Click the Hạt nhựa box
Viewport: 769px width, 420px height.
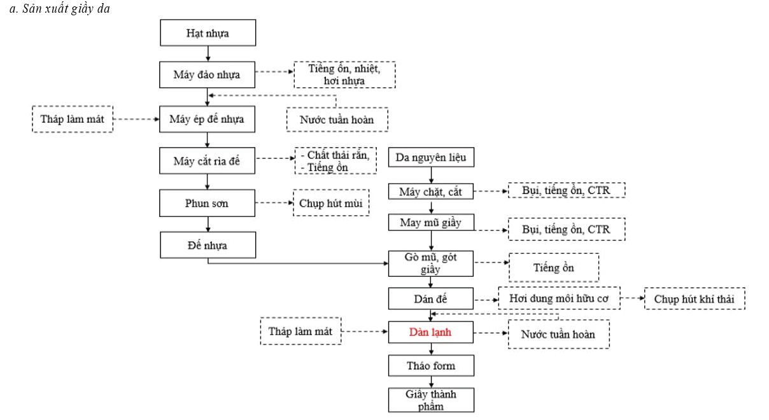(208, 32)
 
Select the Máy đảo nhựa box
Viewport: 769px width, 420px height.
(208, 74)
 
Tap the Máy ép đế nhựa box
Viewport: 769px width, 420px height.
(208, 119)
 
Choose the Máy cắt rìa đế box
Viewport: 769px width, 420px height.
(208, 160)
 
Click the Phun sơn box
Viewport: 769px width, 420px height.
(208, 203)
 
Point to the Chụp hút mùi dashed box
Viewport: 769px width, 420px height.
(331, 203)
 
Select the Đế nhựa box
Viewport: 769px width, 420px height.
(208, 245)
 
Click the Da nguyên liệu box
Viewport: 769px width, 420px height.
(431, 157)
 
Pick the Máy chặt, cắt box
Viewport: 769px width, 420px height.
(431, 191)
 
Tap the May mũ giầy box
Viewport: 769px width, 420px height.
(431, 222)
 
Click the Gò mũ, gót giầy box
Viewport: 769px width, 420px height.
(431, 263)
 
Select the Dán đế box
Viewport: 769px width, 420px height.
(431, 298)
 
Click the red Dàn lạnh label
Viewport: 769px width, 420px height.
(431, 332)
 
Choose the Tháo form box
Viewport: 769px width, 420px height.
(431, 366)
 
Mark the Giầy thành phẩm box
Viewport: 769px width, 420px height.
(431, 400)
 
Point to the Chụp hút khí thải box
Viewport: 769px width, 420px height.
(695, 298)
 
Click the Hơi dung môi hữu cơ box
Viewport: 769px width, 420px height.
(559, 298)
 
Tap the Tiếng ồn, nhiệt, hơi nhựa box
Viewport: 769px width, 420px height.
(344, 74)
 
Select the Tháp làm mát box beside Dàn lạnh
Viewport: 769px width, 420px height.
(300, 332)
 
